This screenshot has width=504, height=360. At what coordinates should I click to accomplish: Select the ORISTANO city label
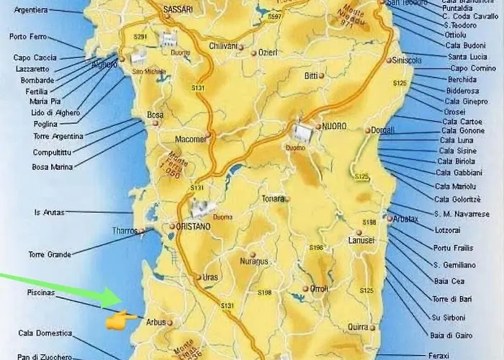[192, 226]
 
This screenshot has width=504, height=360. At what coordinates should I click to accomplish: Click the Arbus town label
[156, 322]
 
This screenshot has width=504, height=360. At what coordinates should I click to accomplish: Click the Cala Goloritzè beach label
[456, 199]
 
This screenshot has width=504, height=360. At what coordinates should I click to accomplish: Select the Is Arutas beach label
[49, 212]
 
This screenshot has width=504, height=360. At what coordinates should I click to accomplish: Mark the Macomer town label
[190, 138]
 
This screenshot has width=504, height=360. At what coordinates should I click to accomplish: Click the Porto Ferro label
[28, 36]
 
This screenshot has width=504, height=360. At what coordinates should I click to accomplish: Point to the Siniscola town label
[407, 61]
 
